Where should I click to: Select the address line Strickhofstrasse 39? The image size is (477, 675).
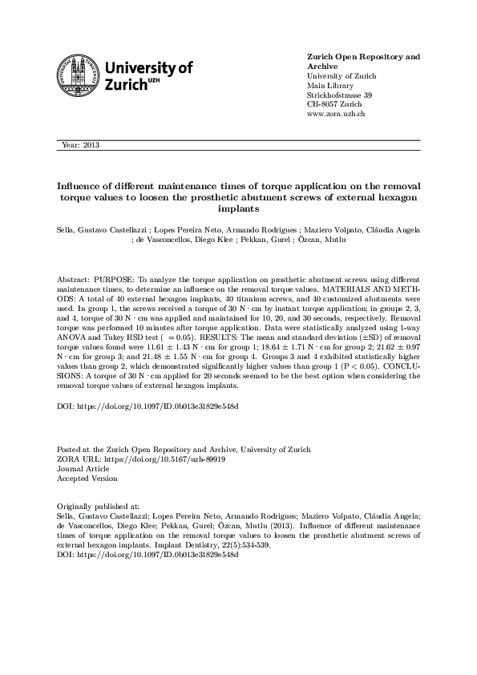[x=339, y=95]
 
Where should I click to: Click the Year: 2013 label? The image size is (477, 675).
[x=79, y=145]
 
